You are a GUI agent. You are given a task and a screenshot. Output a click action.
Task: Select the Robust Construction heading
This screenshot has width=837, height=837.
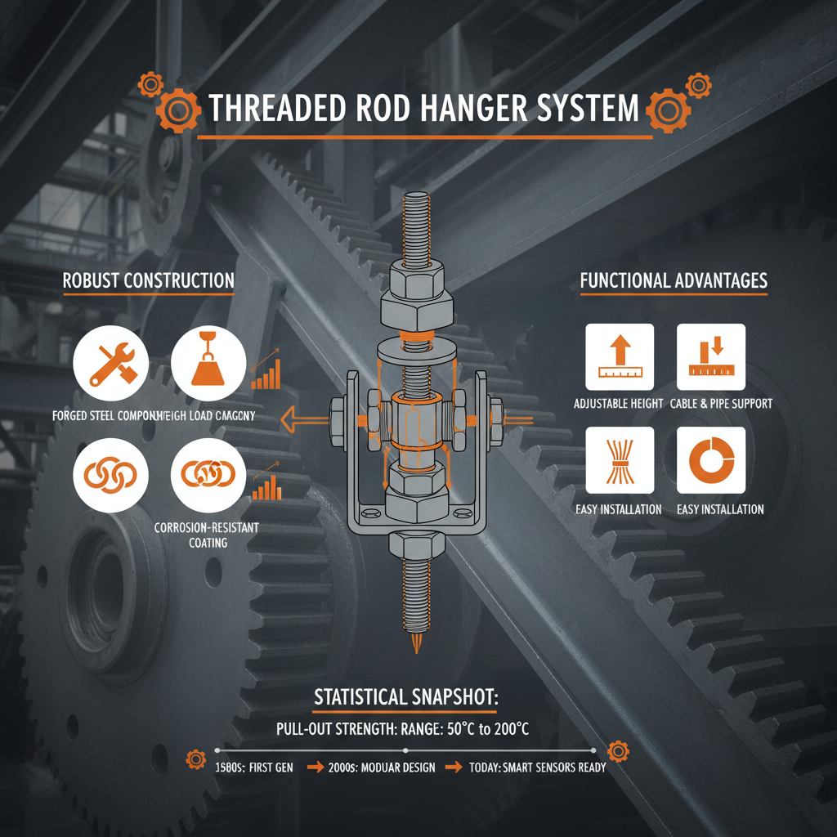click(149, 281)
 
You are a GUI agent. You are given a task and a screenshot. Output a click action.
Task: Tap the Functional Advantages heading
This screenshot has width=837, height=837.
click(674, 281)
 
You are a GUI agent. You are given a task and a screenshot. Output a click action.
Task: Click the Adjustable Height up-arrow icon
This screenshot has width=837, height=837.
click(620, 357)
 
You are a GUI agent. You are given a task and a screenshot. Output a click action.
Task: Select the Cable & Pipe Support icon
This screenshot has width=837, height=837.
click(711, 357)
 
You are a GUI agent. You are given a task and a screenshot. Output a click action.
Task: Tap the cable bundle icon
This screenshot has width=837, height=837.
click(620, 460)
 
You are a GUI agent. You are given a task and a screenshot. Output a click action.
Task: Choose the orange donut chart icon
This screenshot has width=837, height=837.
click(711, 460)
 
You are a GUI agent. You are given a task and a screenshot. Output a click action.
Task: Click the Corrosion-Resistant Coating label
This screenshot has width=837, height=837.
click(206, 535)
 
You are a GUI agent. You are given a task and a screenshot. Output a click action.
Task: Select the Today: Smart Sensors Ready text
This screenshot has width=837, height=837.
click(537, 768)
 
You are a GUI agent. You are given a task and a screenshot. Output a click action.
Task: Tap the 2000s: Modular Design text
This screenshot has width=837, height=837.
click(382, 768)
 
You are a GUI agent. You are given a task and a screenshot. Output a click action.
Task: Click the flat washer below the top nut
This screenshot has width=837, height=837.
click(418, 335)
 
